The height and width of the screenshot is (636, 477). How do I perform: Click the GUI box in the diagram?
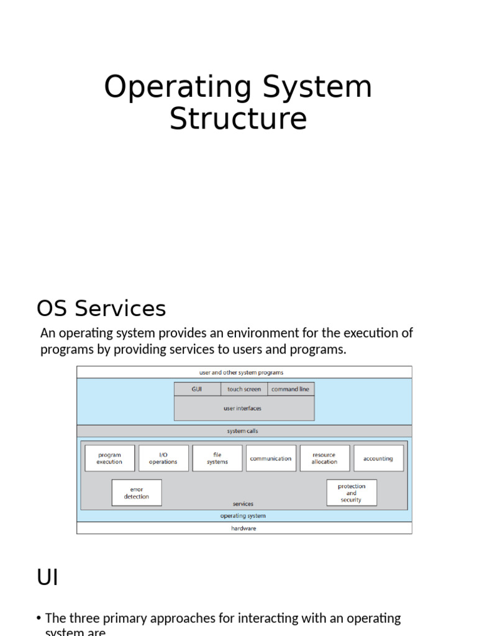point(198,389)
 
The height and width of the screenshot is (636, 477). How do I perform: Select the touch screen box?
point(244,389)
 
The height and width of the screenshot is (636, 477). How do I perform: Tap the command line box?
point(291,389)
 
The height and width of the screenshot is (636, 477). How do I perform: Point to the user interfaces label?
point(242,409)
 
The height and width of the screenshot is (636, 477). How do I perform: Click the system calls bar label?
point(243,431)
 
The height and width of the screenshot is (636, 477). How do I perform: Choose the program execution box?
point(109,458)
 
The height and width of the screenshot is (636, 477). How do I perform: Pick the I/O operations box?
point(163,458)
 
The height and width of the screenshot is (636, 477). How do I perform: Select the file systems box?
point(217,458)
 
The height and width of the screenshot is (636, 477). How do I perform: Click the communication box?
point(271,458)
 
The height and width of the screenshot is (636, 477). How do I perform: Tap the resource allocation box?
point(324,458)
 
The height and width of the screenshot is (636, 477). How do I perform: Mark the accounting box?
point(378,458)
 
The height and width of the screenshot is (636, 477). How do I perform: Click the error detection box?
point(137,493)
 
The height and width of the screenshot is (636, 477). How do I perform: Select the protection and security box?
point(352,493)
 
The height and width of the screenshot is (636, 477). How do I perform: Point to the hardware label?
point(243,529)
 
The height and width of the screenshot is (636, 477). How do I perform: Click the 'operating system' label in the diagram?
point(243,516)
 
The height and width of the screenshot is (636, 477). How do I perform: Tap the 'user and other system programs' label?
point(242,373)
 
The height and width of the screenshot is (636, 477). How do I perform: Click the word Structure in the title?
point(238,119)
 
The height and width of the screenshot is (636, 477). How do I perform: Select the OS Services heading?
point(101,309)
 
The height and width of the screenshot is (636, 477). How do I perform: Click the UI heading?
point(47,578)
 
